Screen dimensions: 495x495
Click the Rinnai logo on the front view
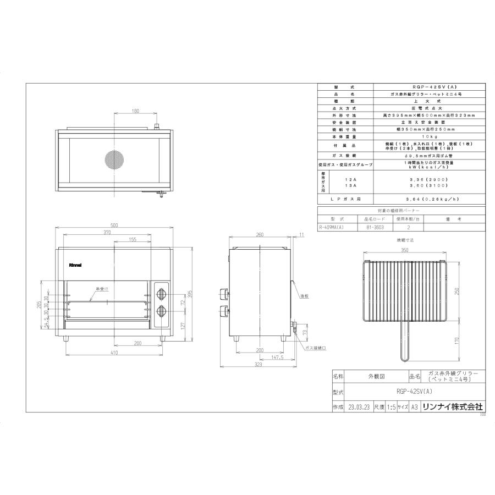pos(75,265)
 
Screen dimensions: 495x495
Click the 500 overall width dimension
pos(114,226)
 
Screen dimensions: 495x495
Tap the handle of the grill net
pos(404,341)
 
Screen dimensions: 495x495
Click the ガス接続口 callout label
pos(315,348)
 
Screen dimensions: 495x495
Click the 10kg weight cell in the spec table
pos(430,136)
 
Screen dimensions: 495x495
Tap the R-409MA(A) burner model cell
pos(337,226)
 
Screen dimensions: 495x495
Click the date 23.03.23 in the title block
pos(359,407)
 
